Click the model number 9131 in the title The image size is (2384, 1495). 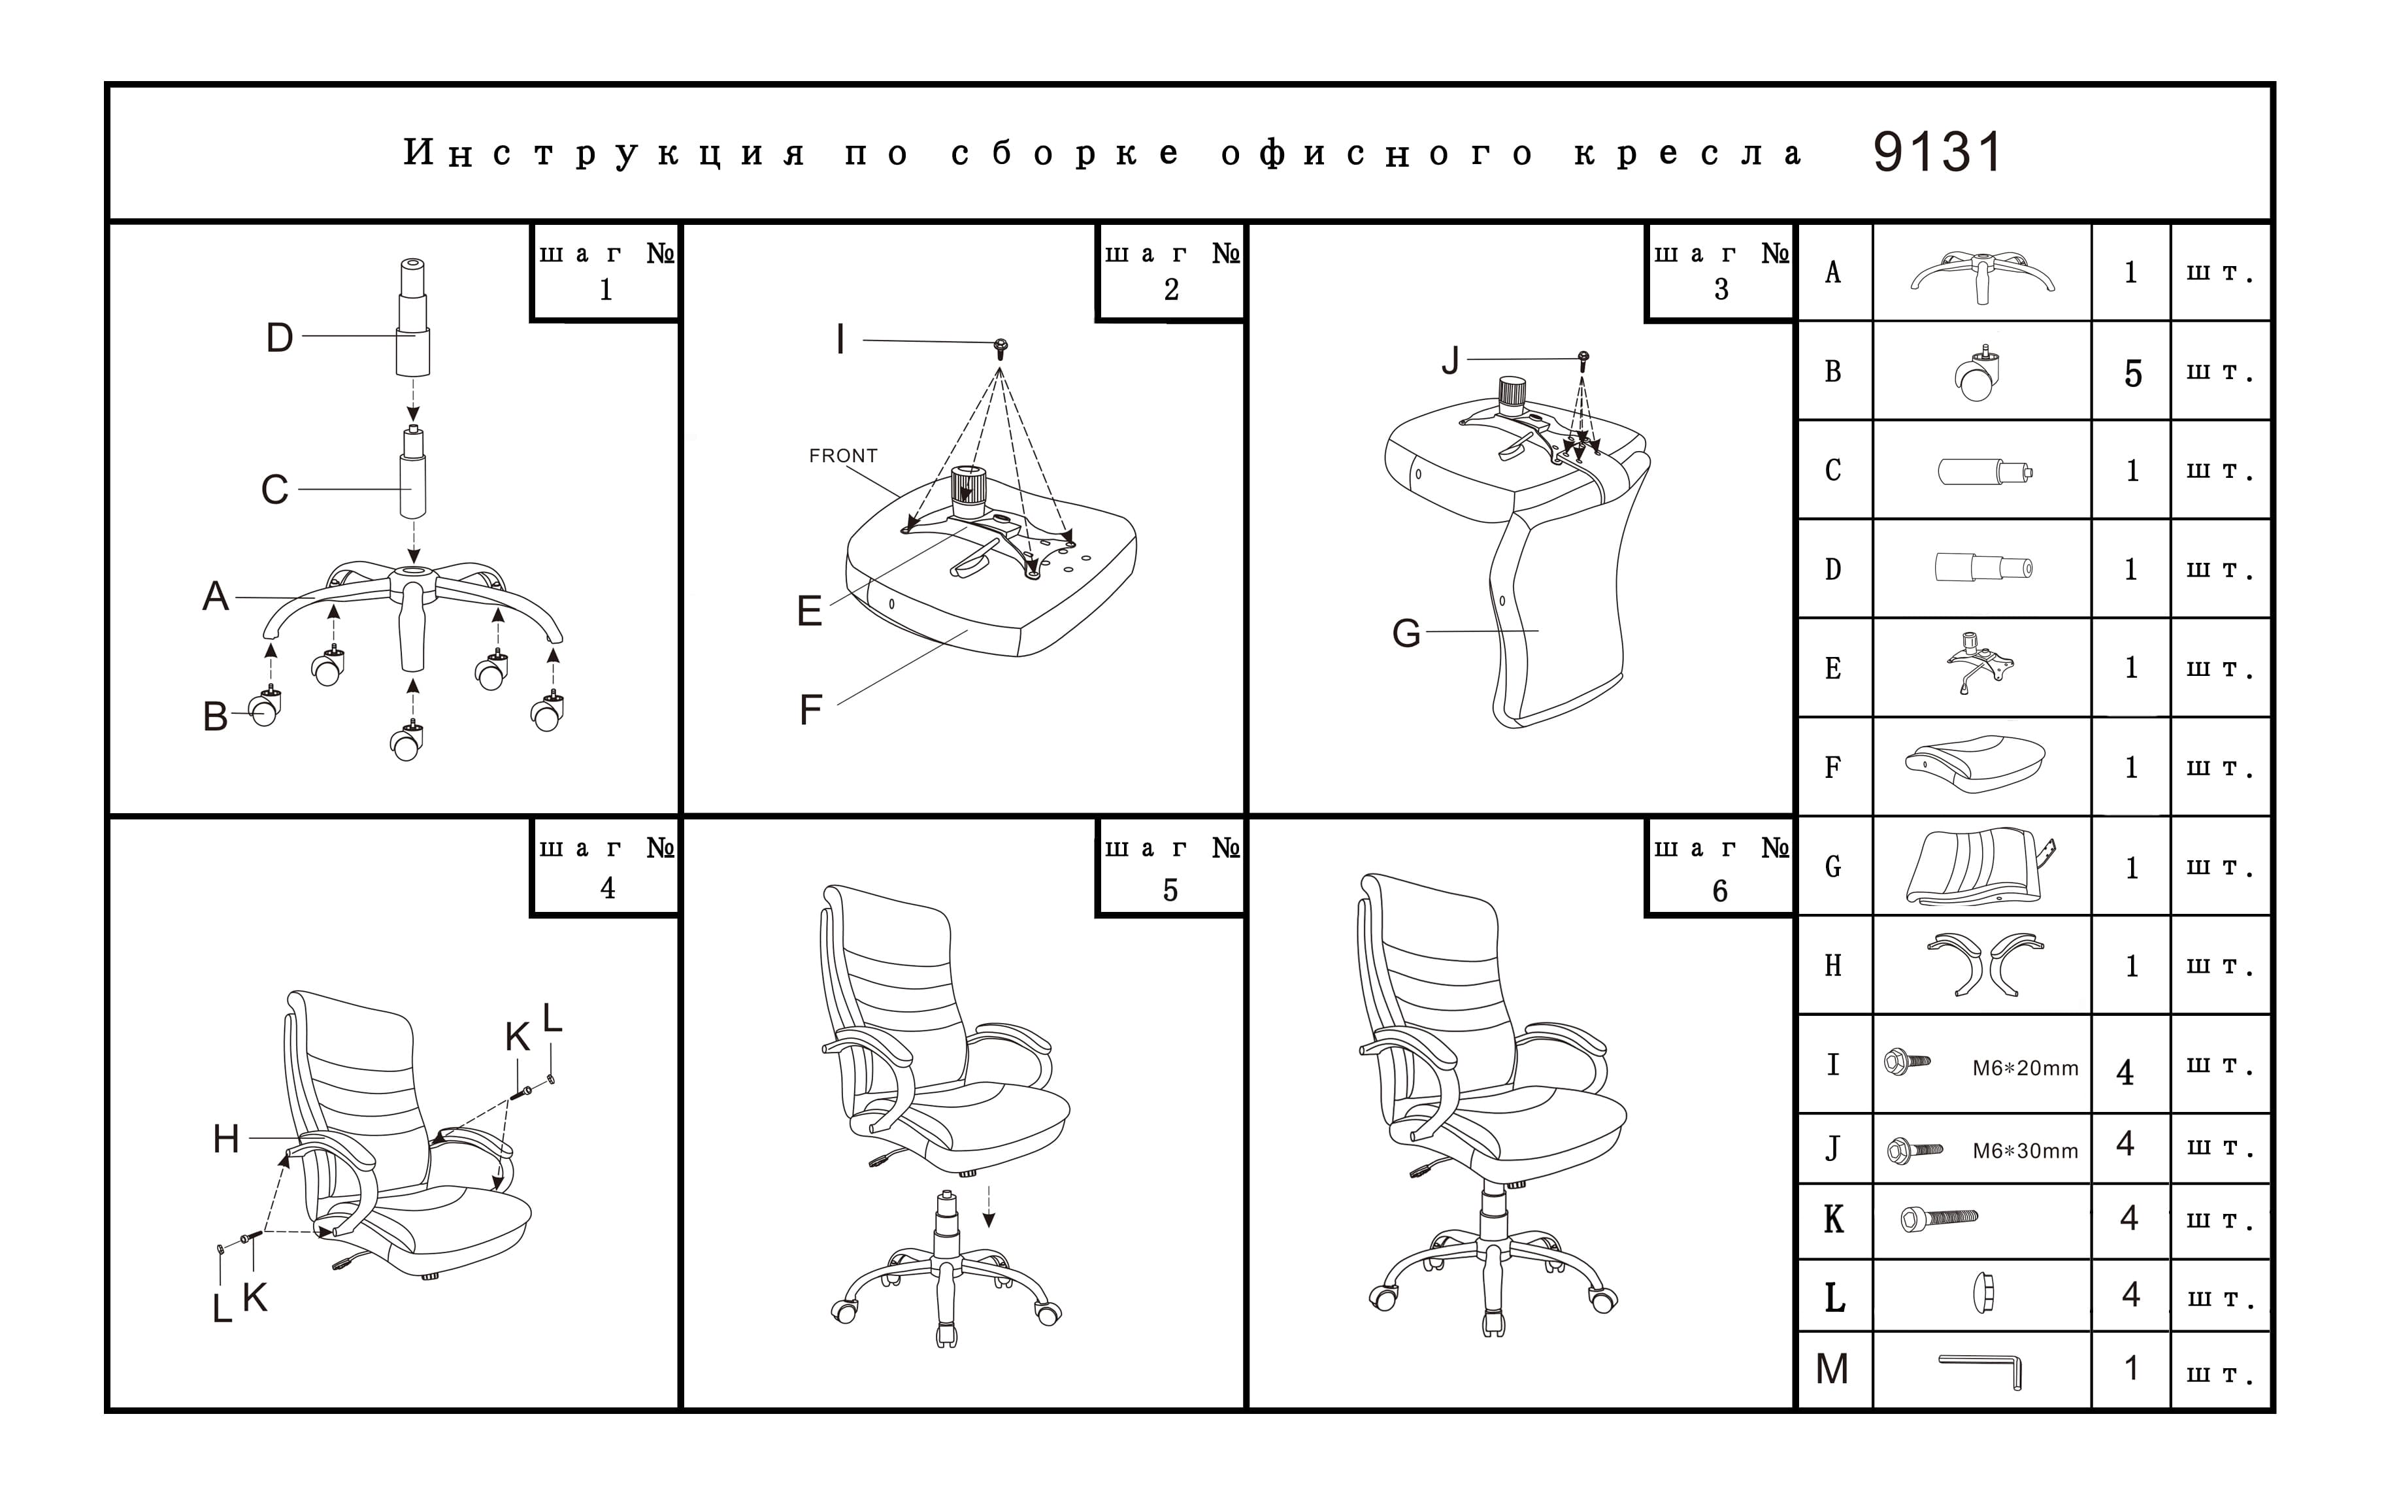tap(1936, 153)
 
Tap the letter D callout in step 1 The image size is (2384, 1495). tap(280, 338)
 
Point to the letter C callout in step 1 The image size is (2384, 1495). tap(274, 490)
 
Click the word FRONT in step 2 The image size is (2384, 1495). tap(842, 456)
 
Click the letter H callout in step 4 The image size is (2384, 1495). tap(226, 1139)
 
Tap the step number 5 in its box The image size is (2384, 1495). tap(1170, 890)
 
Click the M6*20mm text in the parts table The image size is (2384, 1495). tap(2025, 1069)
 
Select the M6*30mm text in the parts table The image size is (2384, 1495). tap(2025, 1151)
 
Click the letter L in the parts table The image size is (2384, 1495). tap(1834, 1297)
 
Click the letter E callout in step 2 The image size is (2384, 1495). tap(810, 611)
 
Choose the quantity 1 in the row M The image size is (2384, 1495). tap(2131, 1368)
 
